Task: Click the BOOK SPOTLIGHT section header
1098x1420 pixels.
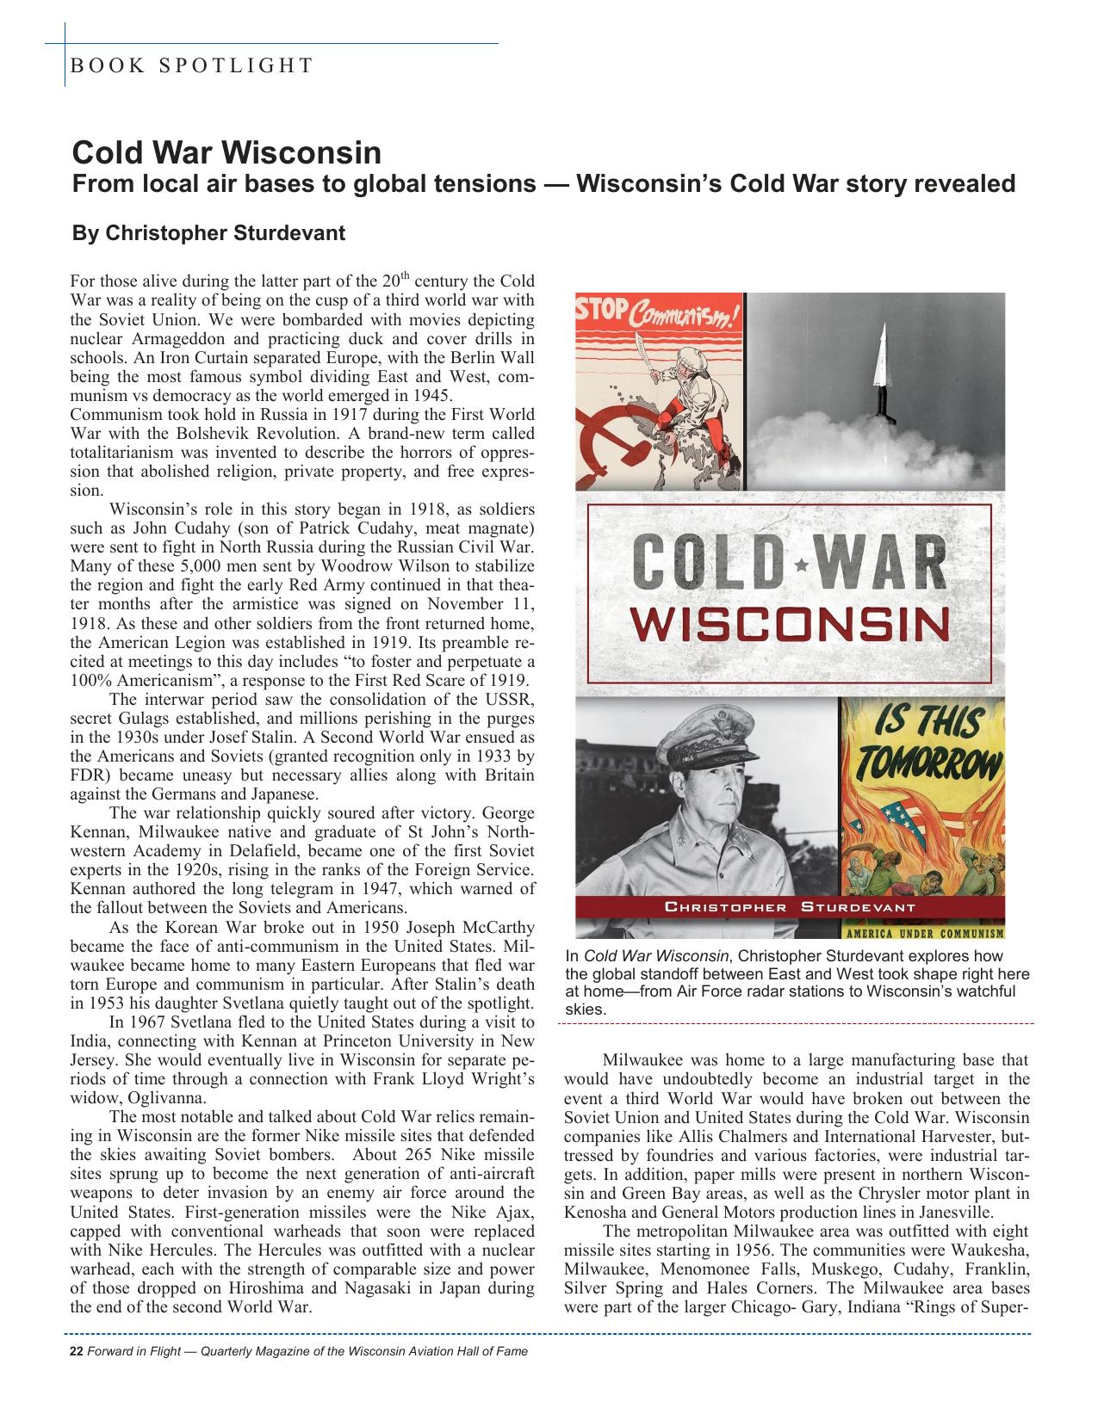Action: (192, 65)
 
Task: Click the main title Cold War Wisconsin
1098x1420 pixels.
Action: (226, 153)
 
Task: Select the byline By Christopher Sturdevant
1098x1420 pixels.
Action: (208, 233)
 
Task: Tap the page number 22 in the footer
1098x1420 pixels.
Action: (75, 1351)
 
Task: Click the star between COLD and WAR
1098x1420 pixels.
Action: (802, 565)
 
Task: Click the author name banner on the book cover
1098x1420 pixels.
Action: (790, 907)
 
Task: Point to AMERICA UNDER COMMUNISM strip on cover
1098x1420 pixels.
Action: (922, 933)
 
